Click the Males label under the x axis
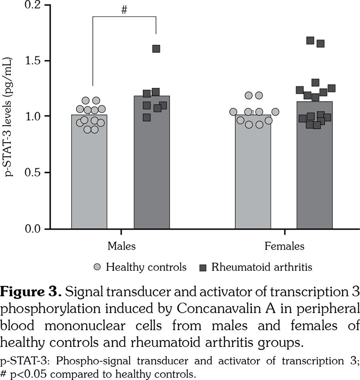click(121, 246)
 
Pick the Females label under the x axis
click(284, 246)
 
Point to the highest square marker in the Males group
click(156, 49)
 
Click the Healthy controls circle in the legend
click(98, 267)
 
